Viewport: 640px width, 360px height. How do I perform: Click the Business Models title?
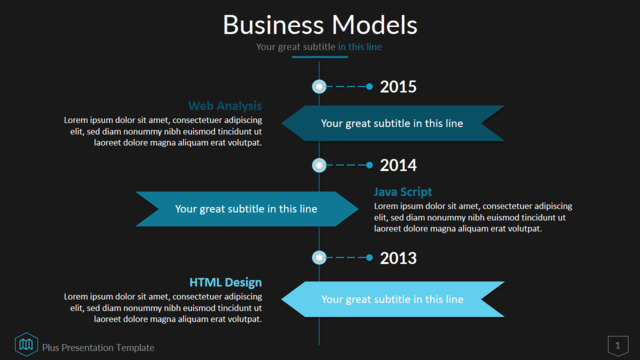320,25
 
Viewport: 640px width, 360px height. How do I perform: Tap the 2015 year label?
398,87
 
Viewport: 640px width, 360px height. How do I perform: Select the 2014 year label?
398,165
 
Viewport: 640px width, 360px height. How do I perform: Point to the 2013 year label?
398,258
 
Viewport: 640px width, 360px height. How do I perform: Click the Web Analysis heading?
225,106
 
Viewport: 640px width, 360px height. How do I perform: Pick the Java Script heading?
403,192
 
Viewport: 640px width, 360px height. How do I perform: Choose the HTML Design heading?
226,282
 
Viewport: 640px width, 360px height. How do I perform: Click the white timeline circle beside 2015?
319,87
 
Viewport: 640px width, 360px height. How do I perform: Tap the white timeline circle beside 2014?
319,165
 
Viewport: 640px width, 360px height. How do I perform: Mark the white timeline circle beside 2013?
319,258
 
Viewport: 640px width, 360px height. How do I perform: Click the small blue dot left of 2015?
369,87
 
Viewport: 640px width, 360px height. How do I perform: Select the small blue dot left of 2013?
369,258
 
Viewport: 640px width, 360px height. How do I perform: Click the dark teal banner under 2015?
393,123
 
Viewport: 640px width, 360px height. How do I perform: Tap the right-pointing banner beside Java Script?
247,209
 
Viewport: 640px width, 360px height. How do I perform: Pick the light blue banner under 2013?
393,299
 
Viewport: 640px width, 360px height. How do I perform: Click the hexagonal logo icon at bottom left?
26,344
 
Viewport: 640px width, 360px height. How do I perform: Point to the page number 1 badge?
618,346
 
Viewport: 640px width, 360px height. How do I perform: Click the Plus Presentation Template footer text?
98,348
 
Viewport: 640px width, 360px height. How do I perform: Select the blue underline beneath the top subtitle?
320,57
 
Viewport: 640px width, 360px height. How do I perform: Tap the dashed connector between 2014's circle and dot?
347,165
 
